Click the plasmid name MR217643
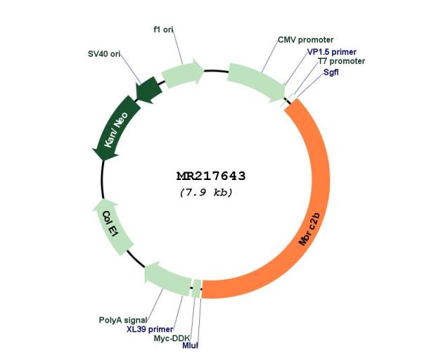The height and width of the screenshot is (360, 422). tap(211, 176)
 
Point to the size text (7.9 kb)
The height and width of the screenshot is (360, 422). tap(206, 193)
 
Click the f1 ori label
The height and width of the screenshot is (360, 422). tap(163, 30)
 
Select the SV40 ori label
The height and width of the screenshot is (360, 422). tap(104, 54)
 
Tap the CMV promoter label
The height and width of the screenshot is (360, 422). tap(305, 40)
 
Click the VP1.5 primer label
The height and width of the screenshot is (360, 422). tap(332, 52)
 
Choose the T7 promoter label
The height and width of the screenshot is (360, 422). tap(342, 61)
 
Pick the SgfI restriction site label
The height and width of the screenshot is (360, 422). tap(331, 72)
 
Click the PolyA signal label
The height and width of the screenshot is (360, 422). tap(123, 320)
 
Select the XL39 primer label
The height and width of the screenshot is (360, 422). tap(150, 329)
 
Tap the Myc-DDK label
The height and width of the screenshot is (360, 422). tap(172, 338)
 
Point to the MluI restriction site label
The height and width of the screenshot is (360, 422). tap(190, 345)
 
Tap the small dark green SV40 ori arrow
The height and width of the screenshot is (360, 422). tap(148, 90)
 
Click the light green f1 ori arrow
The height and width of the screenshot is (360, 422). tap(182, 73)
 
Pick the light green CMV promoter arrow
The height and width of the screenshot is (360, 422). tap(256, 81)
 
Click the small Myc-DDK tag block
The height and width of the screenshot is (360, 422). tap(197, 289)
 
